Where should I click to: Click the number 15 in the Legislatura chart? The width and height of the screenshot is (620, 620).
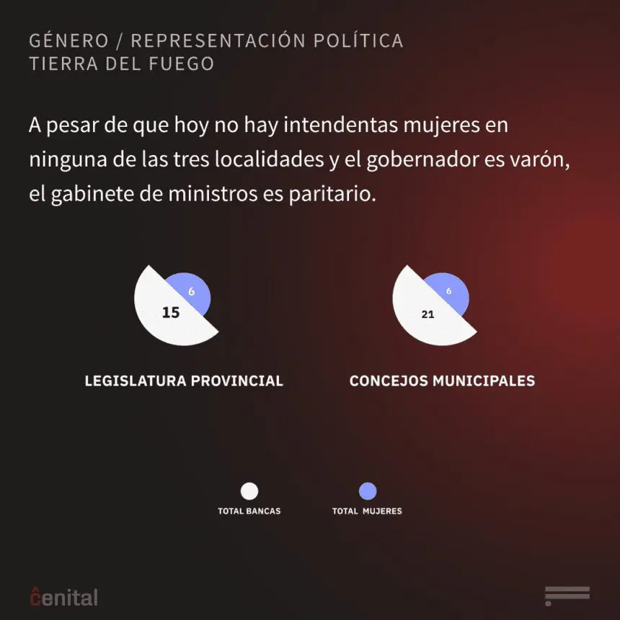171,313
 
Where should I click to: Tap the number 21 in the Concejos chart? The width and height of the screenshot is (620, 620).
428,314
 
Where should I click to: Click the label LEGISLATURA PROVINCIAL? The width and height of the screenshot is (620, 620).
184,381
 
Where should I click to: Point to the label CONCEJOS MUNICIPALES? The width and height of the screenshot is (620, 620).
442,381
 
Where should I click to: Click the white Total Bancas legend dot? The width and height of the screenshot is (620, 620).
249,492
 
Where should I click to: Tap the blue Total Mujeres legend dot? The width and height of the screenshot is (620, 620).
368,492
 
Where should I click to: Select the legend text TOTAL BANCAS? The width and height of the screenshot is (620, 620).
249,511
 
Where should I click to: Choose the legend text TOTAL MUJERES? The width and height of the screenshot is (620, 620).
367,511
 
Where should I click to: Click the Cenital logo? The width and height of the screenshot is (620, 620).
63,596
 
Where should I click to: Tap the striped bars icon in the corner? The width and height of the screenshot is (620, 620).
567,596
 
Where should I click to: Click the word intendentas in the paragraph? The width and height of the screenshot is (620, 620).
325,125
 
